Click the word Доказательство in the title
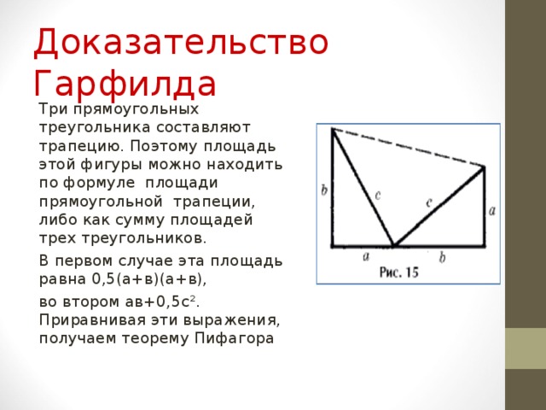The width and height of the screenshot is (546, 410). pyautogui.click(x=181, y=43)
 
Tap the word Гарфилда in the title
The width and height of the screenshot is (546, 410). pyautogui.click(x=125, y=84)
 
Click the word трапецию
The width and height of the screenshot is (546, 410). pyautogui.click(x=74, y=144)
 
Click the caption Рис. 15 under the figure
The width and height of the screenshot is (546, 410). pyautogui.click(x=398, y=272)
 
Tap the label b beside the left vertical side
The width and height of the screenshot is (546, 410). pyautogui.click(x=324, y=190)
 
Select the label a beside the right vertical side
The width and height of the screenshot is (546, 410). pyautogui.click(x=494, y=208)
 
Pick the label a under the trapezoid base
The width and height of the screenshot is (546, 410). pyautogui.click(x=365, y=255)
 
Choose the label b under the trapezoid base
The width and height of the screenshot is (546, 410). pyautogui.click(x=441, y=255)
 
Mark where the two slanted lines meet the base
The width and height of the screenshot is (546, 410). pyautogui.click(x=393, y=246)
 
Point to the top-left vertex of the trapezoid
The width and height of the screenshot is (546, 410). pyautogui.click(x=332, y=129)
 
